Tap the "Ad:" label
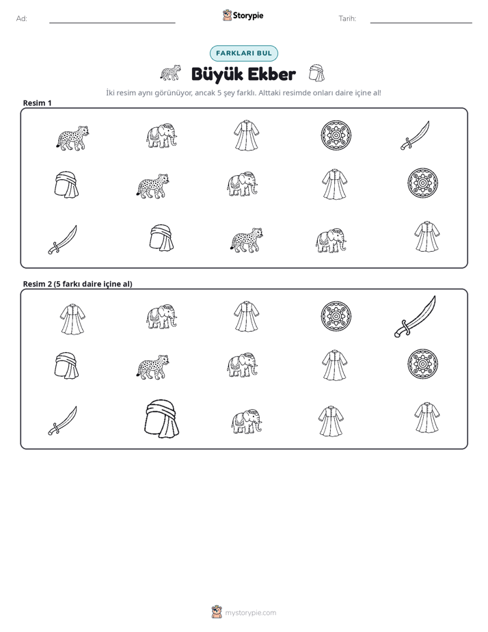coord(22,18)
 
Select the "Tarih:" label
coord(347,18)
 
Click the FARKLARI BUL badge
coord(243,53)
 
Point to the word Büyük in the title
coord(217,74)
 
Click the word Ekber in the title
coord(272,74)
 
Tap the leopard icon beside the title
coord(170,73)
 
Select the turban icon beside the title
coord(316,73)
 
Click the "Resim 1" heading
coord(37,103)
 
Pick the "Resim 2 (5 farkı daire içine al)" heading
coord(77,284)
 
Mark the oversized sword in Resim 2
coord(415,317)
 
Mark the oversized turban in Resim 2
coord(162,419)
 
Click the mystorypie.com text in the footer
coord(250,613)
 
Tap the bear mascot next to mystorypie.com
coord(217,612)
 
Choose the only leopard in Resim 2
coord(152,367)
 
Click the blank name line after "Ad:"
coord(112,23)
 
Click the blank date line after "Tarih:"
coord(421,23)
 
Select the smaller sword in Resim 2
coord(62,421)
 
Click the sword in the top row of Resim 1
coord(415,135)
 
